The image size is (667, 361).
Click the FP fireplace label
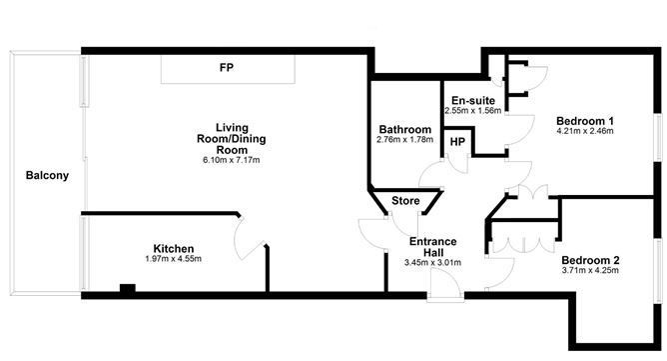point(227,68)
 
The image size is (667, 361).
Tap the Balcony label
point(47,176)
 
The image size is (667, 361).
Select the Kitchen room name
point(173,249)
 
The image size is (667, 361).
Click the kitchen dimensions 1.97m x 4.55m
point(173,260)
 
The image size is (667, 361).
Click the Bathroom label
point(404,130)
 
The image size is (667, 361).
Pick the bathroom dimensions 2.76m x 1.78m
point(404,141)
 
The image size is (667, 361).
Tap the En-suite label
point(473,101)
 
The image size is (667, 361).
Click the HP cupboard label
point(456,143)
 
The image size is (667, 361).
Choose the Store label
point(404,201)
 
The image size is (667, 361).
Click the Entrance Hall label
point(433,247)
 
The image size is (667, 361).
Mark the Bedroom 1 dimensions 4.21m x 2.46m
point(584,131)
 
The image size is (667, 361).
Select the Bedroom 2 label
point(590,261)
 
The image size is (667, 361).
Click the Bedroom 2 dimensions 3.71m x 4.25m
point(590,272)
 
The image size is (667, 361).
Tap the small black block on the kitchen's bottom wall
point(127,290)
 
